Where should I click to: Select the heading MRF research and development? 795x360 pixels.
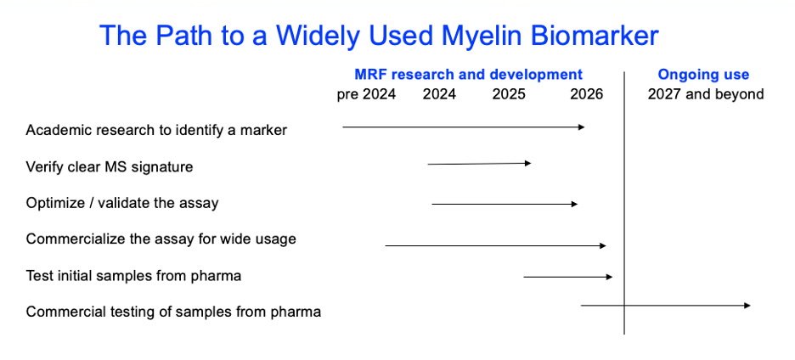tap(469, 75)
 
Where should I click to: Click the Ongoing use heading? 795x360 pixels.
tap(703, 75)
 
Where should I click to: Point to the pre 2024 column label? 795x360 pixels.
tap(366, 94)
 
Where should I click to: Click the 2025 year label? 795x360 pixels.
tap(509, 94)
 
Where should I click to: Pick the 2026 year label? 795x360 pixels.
tap(587, 94)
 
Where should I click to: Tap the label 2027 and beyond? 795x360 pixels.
tap(706, 94)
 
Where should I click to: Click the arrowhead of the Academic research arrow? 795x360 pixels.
tap(582, 127)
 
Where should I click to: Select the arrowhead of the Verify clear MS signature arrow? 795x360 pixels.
tap(528, 163)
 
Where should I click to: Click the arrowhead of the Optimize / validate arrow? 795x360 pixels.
tap(574, 204)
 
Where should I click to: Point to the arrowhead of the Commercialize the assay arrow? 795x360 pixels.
tap(603, 246)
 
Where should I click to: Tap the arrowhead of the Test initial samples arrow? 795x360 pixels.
tap(610, 277)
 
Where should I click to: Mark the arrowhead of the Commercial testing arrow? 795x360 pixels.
tap(747, 306)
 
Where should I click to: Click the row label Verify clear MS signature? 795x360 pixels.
tap(110, 166)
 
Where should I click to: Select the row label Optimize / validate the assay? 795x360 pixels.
tap(122, 203)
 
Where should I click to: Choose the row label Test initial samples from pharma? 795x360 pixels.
tap(133, 276)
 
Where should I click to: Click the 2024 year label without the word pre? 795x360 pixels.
tap(439, 94)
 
